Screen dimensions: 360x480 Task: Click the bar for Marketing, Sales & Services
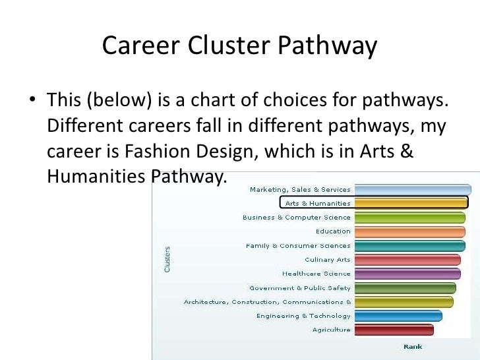coord(413,190)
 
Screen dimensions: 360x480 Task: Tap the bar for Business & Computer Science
coord(409,218)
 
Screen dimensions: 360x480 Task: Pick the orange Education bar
coord(409,231)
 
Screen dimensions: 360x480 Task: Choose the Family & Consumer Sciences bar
coord(409,246)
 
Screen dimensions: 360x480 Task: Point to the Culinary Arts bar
coord(407,260)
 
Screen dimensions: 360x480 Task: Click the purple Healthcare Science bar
coord(407,274)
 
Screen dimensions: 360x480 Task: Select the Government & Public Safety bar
coord(405,288)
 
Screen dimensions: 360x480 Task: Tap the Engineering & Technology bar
coord(398,316)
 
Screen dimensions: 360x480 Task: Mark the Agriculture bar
coord(394,330)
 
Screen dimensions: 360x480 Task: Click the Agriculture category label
coord(332,330)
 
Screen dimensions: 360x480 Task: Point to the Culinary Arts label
coord(328,260)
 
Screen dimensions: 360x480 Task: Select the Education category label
coord(333,231)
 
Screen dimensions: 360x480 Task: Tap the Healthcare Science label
coord(316,274)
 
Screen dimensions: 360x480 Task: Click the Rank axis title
coord(413,346)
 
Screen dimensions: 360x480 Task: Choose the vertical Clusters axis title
coord(167,259)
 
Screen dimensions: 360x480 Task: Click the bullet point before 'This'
coord(31,102)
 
